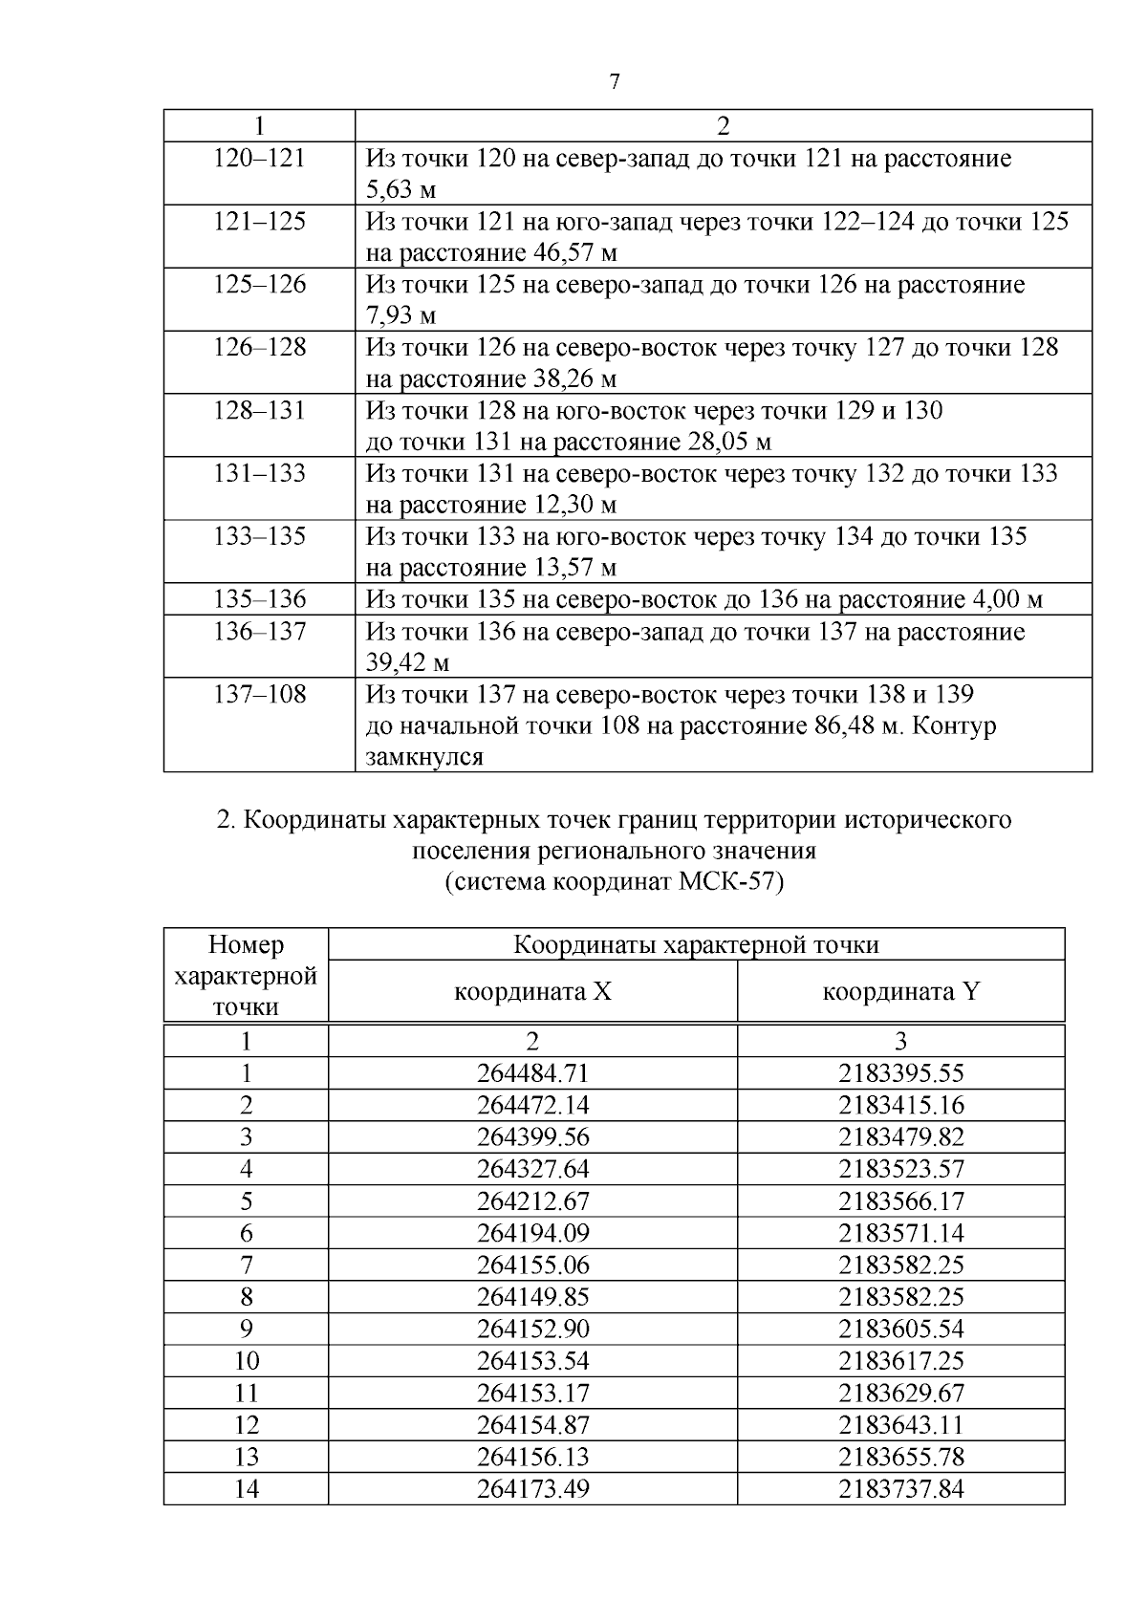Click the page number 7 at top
click(615, 82)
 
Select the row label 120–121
click(259, 158)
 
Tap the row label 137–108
click(259, 694)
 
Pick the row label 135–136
click(259, 599)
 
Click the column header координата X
click(532, 991)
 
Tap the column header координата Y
click(900, 991)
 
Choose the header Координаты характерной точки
click(696, 945)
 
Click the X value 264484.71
click(532, 1073)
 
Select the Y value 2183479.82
click(900, 1137)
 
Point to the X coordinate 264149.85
click(532, 1297)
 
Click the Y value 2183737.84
click(900, 1489)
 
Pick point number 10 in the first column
click(247, 1361)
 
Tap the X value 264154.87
click(532, 1425)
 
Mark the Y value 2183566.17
click(900, 1201)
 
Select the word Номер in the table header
click(246, 945)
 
